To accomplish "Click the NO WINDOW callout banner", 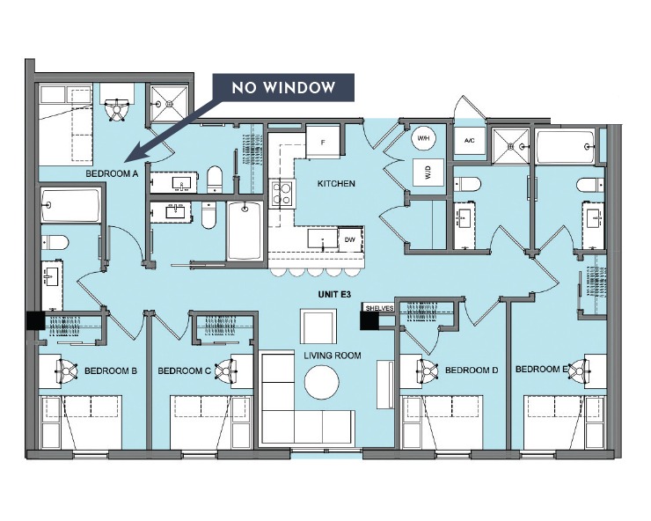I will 283,88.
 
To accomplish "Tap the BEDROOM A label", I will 112,174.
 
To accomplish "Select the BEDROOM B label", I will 111,371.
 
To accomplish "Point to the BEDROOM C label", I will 184,371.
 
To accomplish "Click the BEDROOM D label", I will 472,371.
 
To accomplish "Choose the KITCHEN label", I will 336,184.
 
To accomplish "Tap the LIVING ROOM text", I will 328,356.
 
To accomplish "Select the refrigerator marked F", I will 323,141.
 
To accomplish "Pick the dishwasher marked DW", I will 350,238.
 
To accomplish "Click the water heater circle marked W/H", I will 423,139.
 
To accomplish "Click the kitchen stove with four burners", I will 282,193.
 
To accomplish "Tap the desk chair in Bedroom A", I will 115,108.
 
